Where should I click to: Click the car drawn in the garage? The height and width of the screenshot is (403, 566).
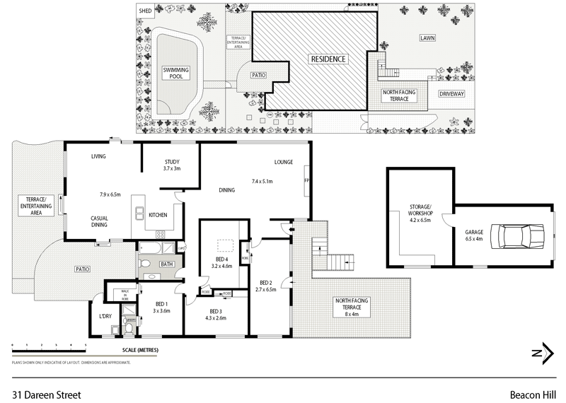pyautogui.click(x=521, y=235)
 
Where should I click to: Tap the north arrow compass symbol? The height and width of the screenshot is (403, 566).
pyautogui.click(x=543, y=354)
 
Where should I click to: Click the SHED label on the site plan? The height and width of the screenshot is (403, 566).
pyautogui.click(x=145, y=11)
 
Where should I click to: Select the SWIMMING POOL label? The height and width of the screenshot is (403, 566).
pyautogui.click(x=177, y=73)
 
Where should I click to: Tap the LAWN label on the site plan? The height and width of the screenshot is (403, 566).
pyautogui.click(x=427, y=37)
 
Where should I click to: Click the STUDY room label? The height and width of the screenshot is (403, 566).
pyautogui.click(x=173, y=162)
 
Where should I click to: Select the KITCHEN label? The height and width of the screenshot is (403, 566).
pyautogui.click(x=158, y=215)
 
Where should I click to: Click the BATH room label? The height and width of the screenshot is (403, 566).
pyautogui.click(x=167, y=264)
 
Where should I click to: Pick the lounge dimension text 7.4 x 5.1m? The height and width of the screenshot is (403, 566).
pyautogui.click(x=262, y=182)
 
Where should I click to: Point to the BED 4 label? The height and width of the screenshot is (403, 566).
pyautogui.click(x=221, y=259)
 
